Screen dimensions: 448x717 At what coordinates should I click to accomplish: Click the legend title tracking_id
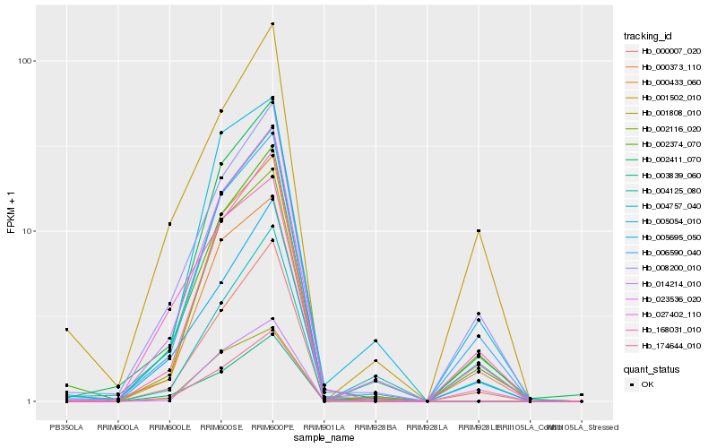[x=648, y=36]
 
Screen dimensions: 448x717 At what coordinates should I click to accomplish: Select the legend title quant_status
[x=651, y=367]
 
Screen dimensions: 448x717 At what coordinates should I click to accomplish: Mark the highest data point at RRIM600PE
[x=272, y=23]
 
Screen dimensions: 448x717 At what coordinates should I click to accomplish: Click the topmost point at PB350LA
[x=66, y=330]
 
